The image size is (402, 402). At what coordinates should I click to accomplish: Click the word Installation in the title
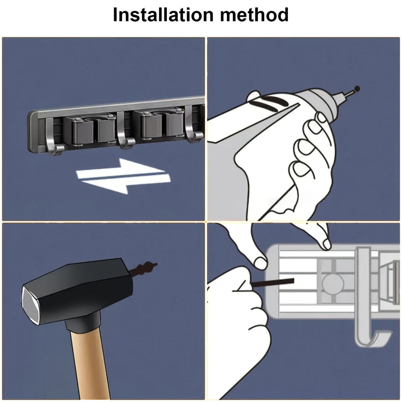click(163, 15)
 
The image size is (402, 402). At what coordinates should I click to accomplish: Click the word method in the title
click(254, 15)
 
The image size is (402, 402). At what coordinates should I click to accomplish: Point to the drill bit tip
click(357, 89)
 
